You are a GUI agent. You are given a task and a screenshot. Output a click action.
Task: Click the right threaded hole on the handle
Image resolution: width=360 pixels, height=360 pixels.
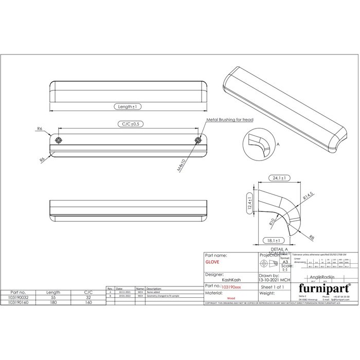tap(199, 140)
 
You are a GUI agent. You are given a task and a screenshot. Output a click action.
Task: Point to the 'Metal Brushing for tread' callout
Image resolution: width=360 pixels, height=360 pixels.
tap(229, 119)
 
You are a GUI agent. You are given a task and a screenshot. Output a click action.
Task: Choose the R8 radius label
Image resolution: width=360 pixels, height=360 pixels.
tap(312, 237)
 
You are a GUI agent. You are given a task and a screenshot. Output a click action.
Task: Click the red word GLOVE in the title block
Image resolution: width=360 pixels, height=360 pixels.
tap(212, 262)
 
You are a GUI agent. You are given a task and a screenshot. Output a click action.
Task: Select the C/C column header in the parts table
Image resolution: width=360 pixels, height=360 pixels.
tap(88, 292)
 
